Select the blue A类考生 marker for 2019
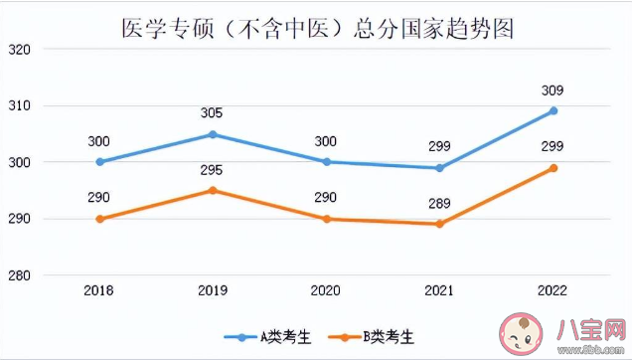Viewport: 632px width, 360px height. pyautogui.click(x=213, y=134)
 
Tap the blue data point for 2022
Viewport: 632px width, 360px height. pyautogui.click(x=553, y=110)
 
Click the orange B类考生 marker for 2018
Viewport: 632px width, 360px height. pyautogui.click(x=99, y=219)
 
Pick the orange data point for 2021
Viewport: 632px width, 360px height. pyautogui.click(x=440, y=224)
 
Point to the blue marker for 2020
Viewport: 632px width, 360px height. pyautogui.click(x=327, y=162)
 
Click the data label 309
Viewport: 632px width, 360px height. pyautogui.click(x=553, y=90)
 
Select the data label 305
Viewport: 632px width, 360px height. pyautogui.click(x=213, y=113)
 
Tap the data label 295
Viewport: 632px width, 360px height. pyautogui.click(x=213, y=170)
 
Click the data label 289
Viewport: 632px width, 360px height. pyautogui.click(x=440, y=204)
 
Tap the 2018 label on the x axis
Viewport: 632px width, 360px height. pyautogui.click(x=99, y=290)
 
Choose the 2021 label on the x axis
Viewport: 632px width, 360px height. pyautogui.click(x=440, y=290)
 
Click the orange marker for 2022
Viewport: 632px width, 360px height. pyautogui.click(x=553, y=168)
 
